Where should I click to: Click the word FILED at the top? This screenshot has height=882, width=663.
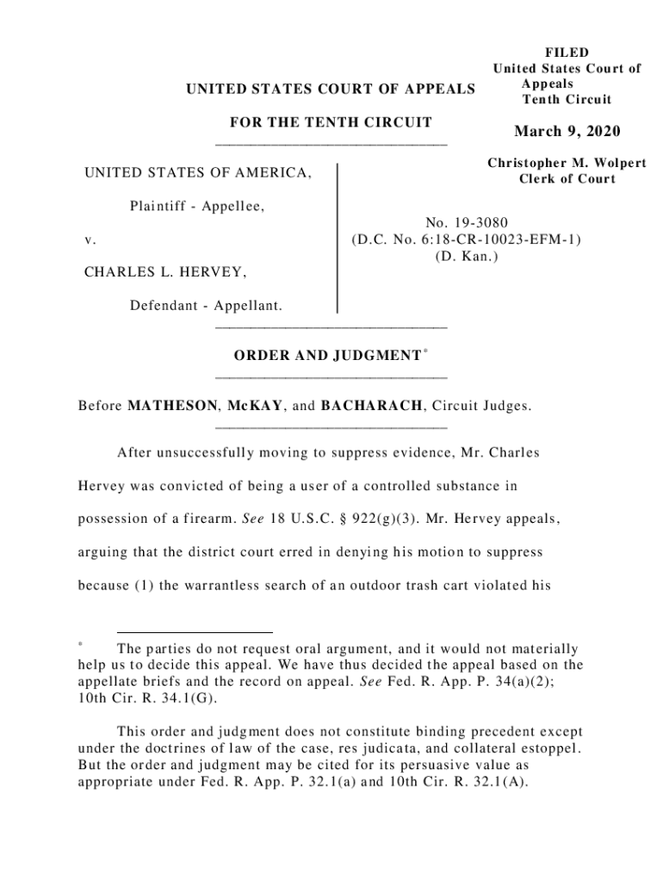coord(567,53)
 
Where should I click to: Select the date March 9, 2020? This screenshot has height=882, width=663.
coord(567,132)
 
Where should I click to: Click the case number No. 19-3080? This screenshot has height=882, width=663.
coord(465,224)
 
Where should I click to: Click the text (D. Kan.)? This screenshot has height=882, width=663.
coord(465,256)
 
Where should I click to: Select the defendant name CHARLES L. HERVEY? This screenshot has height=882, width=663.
coord(165,273)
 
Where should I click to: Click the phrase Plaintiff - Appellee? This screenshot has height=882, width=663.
coord(197,206)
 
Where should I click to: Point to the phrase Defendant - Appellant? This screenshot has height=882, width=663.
coord(207,306)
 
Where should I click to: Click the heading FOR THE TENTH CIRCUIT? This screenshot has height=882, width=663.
coord(331,122)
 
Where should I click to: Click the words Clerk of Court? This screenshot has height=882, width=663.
coord(567,179)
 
